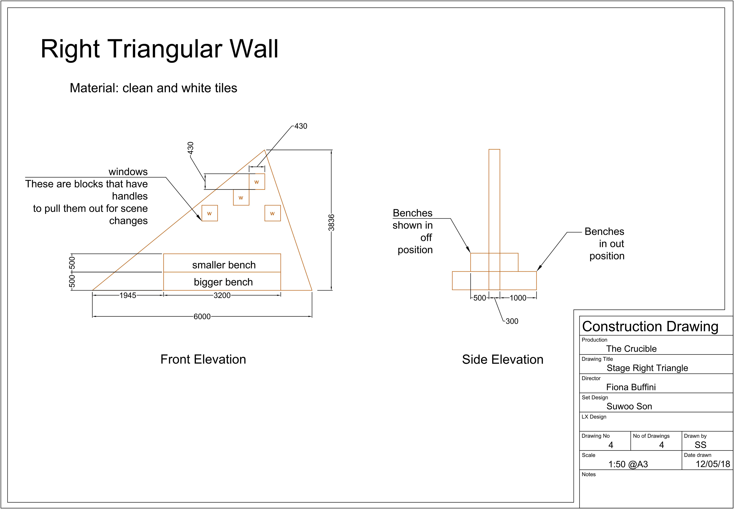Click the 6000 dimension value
click(202, 316)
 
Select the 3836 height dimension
click(331, 222)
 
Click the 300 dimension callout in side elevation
click(512, 321)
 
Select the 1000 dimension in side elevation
click(518, 298)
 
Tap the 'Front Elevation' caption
click(203, 359)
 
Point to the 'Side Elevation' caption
click(503, 359)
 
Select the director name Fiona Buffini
click(631, 387)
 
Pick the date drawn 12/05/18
click(713, 464)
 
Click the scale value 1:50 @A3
click(628, 464)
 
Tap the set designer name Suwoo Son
click(629, 406)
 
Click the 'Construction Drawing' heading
click(650, 327)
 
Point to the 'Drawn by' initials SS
click(700, 445)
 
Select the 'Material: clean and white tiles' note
click(153, 88)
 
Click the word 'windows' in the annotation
click(128, 172)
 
